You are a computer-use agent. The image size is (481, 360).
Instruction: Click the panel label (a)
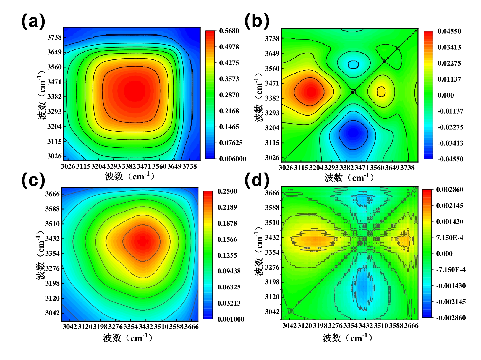33,22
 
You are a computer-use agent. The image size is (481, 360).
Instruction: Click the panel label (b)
257,21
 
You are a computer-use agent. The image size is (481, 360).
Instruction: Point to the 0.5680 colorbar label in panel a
229,31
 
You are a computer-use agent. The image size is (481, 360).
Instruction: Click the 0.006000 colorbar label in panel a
232,159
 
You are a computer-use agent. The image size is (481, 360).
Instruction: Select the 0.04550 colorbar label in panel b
449,31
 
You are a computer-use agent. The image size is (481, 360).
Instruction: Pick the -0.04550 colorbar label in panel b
450,159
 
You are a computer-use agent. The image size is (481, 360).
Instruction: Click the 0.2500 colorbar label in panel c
227,191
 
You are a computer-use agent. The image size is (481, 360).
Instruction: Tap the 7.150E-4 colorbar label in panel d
449,238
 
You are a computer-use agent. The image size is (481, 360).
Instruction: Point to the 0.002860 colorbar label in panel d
449,190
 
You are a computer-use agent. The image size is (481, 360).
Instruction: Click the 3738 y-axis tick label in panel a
54,37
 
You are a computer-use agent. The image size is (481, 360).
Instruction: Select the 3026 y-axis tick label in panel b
272,158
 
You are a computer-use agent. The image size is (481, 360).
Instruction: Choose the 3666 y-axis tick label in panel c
53,194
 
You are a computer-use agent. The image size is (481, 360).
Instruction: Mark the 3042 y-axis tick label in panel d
272,312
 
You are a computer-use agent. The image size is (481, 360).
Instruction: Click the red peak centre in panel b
311,92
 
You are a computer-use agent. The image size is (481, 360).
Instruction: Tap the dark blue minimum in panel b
353,133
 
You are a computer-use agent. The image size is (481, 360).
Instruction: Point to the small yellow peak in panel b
381,91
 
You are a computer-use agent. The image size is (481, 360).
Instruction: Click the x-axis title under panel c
128,338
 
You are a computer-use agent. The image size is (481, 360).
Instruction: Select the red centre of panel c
142,241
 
